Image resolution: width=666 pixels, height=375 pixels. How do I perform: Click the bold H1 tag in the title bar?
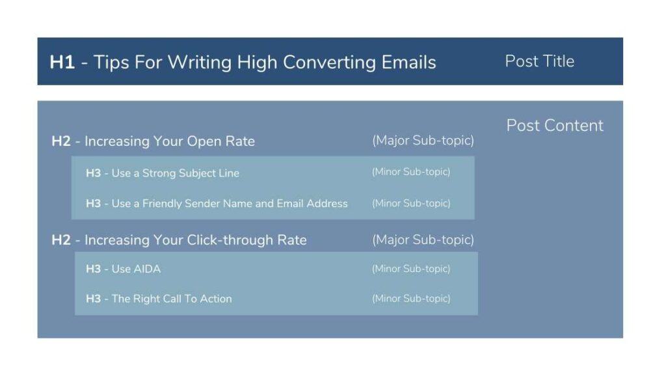point(62,62)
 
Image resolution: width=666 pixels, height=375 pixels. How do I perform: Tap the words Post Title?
point(539,61)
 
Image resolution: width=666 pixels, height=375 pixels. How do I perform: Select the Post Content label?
point(555,126)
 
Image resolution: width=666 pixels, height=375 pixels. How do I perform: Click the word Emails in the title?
point(408,62)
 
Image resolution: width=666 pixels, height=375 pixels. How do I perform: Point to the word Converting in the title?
point(330,63)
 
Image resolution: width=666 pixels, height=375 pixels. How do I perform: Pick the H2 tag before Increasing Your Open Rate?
point(61,141)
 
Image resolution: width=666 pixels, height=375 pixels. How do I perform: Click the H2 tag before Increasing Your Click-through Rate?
point(61,240)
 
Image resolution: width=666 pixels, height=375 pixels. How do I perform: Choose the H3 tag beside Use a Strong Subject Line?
point(94,173)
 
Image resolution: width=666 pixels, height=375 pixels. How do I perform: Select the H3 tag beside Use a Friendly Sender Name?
point(94,204)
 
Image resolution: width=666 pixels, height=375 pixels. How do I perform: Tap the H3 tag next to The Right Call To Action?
point(94,299)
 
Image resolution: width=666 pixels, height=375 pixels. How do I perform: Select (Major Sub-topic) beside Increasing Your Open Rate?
point(423,141)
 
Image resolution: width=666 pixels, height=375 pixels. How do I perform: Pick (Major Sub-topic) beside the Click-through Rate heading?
point(423,240)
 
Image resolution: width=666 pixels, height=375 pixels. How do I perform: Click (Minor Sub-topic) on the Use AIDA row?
point(411,269)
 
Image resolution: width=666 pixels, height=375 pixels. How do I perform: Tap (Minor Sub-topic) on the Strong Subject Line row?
point(411,172)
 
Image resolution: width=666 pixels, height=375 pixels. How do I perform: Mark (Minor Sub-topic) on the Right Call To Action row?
point(411,298)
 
